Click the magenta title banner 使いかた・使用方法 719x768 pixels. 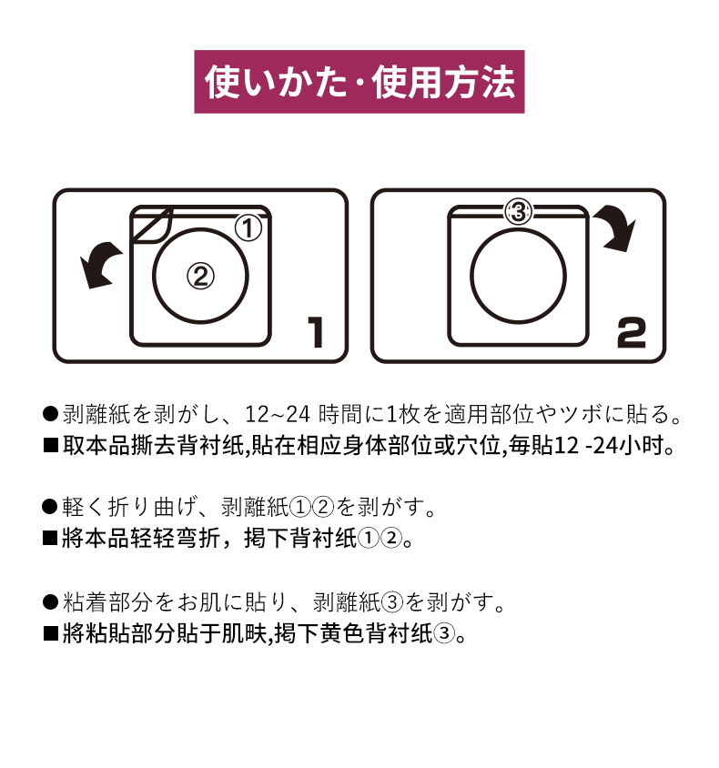pos(359,82)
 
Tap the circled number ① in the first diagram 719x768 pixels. pos(248,227)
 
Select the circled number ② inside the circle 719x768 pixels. pos(200,276)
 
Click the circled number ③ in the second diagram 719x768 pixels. pos(518,212)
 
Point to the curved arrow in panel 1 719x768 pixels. pos(99,262)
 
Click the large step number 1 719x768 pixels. pos(316,332)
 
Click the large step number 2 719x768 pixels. pos(632,332)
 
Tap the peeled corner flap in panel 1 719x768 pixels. pos(151,225)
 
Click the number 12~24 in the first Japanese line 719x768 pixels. pos(278,414)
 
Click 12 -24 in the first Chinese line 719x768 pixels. pos(585,446)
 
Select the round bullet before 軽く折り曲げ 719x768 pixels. pos(50,507)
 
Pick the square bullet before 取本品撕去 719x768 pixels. pos(50,446)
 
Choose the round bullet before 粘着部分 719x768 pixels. pos(50,602)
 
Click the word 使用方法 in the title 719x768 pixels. pos(443,82)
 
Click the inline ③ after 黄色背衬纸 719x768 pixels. pos(444,634)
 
